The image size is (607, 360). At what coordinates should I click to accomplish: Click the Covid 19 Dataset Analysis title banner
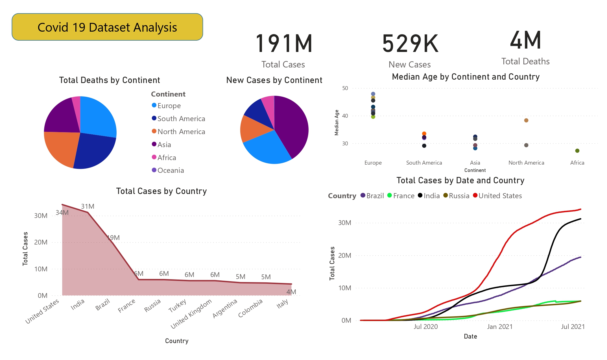click(x=107, y=27)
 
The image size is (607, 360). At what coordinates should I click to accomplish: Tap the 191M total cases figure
click(x=284, y=44)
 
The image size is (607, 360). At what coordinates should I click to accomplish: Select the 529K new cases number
click(x=410, y=44)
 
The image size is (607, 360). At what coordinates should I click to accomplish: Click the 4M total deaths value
click(x=525, y=40)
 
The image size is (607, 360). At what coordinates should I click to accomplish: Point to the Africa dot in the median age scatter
click(x=577, y=151)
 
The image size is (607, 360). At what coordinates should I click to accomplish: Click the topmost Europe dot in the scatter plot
click(x=373, y=94)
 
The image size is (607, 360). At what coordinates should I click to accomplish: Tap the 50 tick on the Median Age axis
click(x=345, y=88)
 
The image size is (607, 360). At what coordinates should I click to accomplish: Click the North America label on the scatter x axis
click(x=526, y=163)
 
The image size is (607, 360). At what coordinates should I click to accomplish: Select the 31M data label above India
click(x=88, y=206)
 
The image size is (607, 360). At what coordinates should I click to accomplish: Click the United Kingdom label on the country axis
click(x=191, y=313)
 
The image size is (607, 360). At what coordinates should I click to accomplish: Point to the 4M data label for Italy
click(x=291, y=292)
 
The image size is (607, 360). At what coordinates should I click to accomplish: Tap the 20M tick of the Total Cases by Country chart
click(x=41, y=242)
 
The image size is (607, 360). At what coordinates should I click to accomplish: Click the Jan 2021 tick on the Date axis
click(x=499, y=327)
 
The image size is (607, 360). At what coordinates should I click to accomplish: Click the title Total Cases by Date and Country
click(x=460, y=180)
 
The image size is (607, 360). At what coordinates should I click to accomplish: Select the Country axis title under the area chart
click(x=177, y=341)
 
